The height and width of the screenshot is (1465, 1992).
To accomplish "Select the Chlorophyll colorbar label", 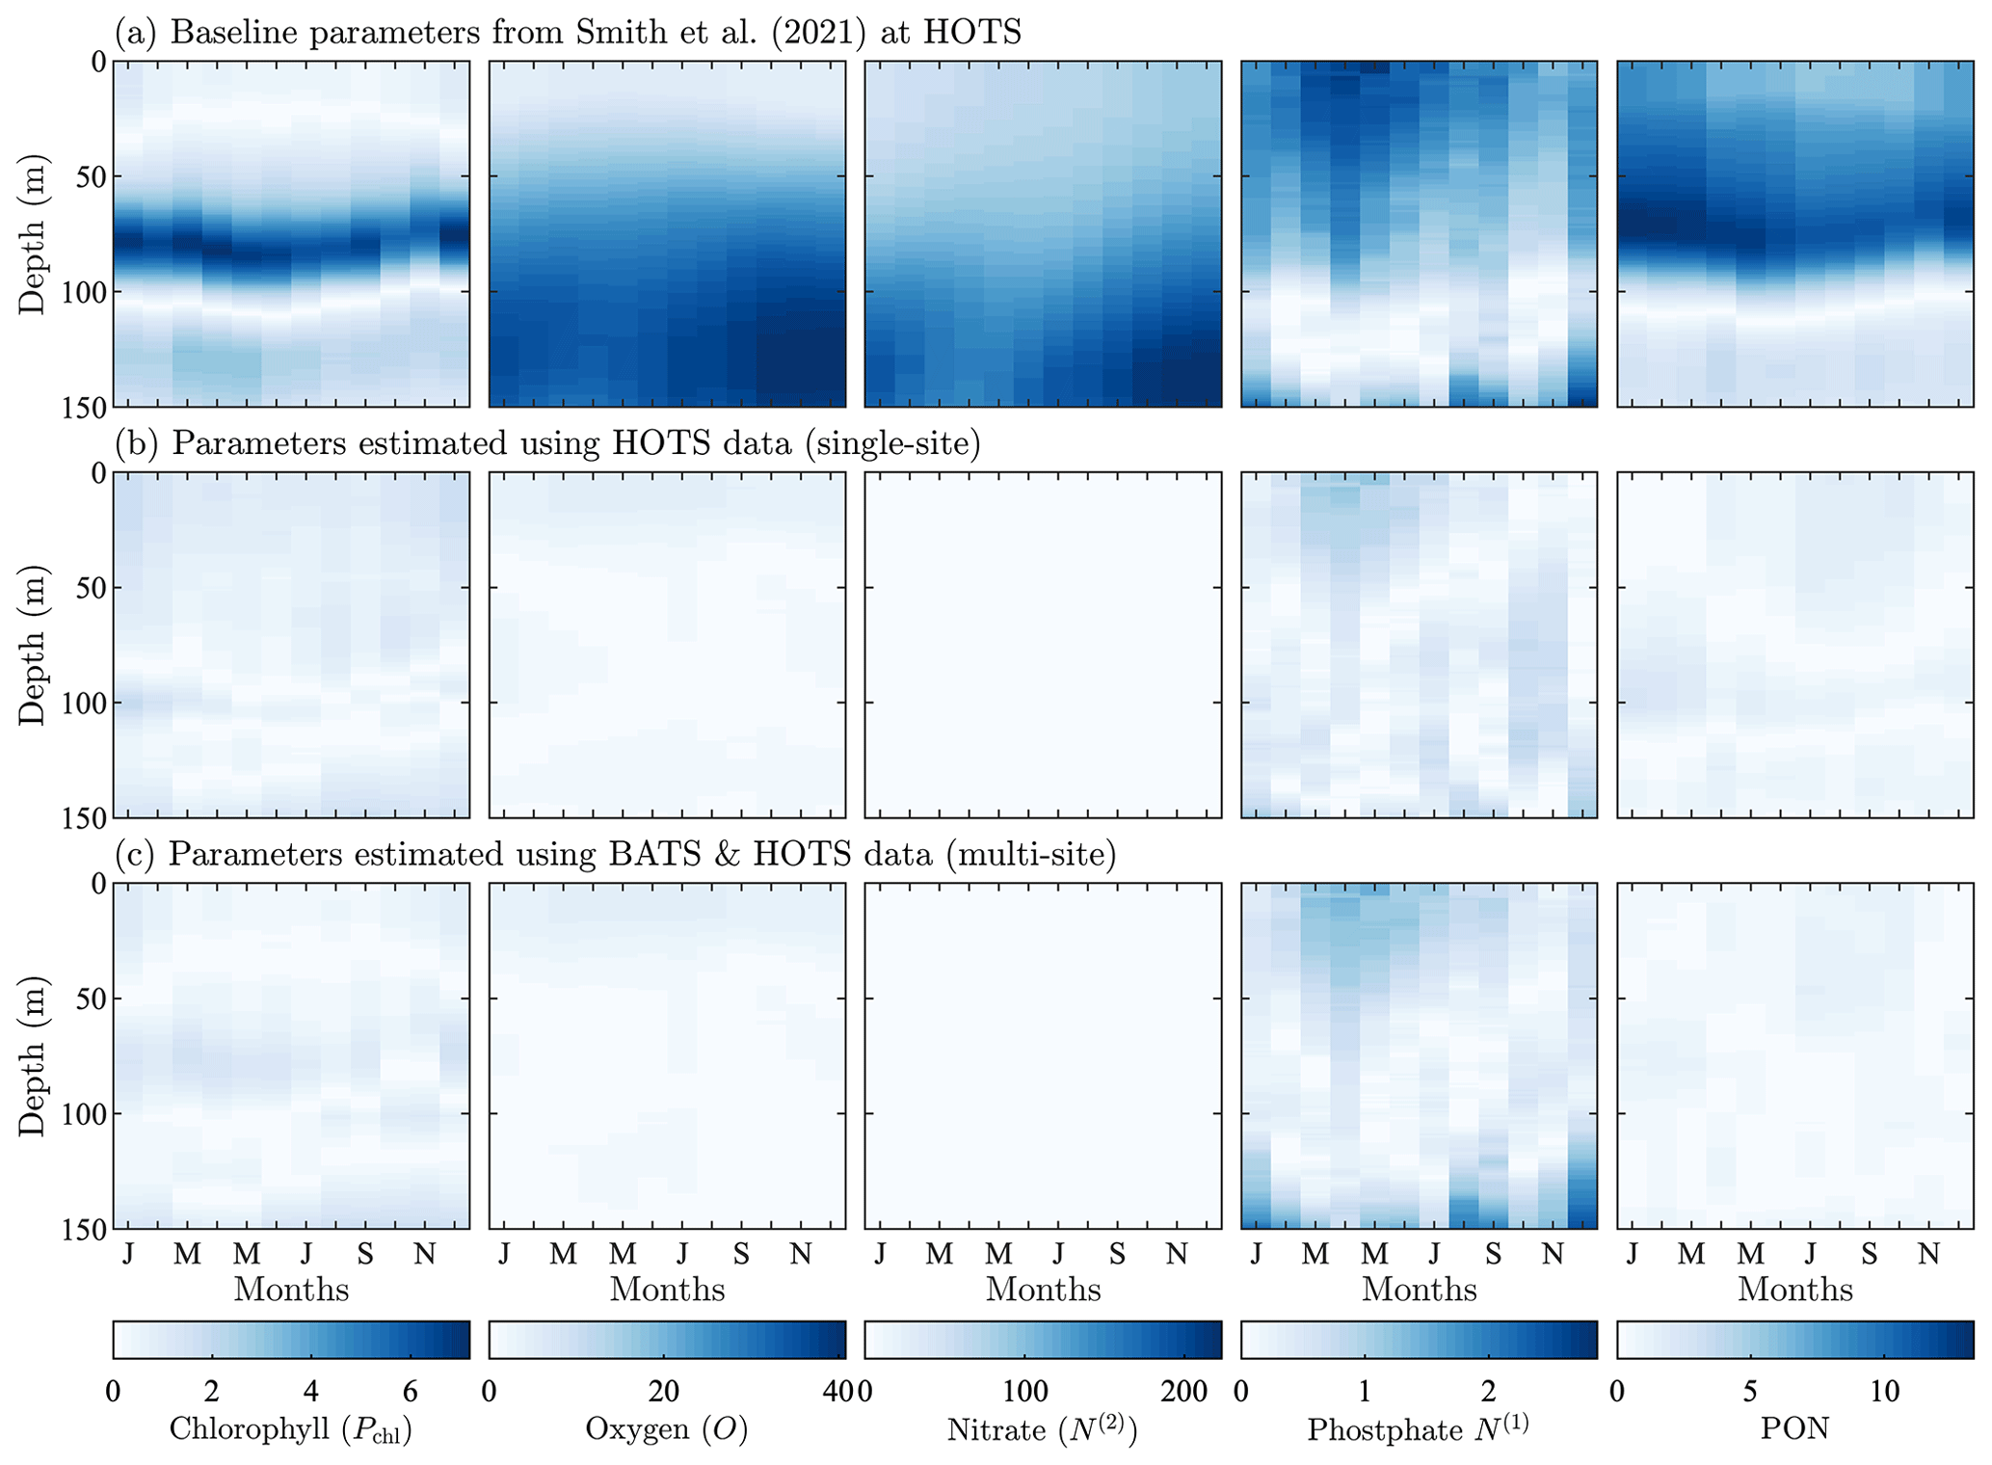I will coord(290,1429).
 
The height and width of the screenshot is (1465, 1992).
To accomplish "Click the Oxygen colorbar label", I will coord(667,1429).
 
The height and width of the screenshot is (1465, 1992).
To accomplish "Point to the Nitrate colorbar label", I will coord(1043,1429).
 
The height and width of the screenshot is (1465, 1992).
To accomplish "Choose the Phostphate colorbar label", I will coord(1418,1429).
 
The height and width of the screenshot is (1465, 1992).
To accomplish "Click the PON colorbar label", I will coord(1794,1428).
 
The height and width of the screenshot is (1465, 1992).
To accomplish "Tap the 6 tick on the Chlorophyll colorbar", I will coord(410,1391).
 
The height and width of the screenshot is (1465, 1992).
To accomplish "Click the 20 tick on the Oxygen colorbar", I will coord(664,1391).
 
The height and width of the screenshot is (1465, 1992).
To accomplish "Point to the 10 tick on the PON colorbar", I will coord(1884,1391).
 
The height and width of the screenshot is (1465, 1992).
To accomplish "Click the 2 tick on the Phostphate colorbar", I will coord(1488,1391).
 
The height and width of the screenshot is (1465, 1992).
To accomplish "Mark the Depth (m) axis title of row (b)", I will coord(33,645).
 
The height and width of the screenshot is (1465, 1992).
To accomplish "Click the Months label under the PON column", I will coord(1794,1290).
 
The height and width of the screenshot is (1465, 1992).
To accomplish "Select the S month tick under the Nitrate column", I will coord(1117,1254).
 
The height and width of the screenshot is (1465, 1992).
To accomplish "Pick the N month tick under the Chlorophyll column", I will coord(424,1254).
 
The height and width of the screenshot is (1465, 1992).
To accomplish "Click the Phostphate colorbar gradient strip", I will coord(1418,1340).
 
